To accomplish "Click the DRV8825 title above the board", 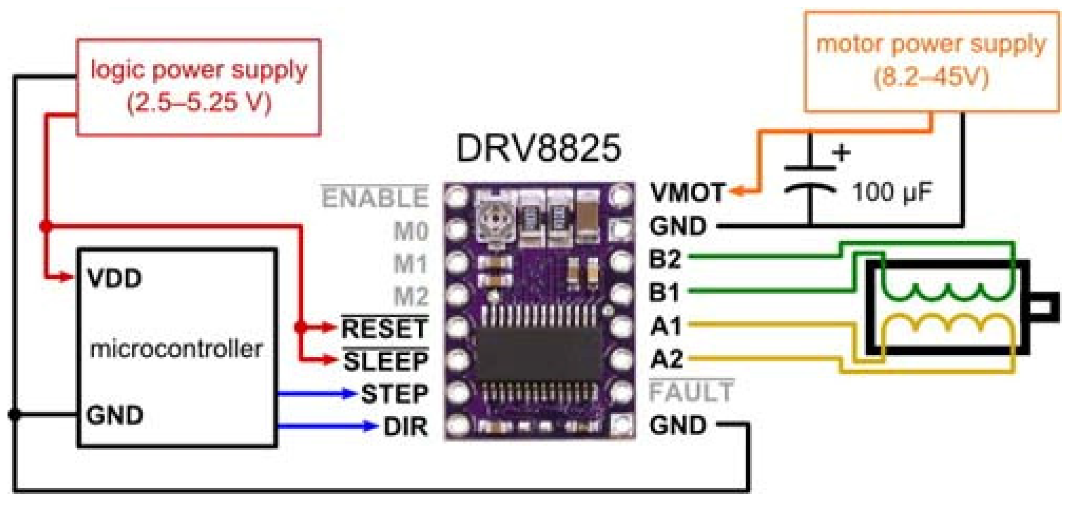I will tap(538, 149).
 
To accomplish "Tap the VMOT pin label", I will tap(687, 192).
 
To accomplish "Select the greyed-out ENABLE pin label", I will tap(375, 198).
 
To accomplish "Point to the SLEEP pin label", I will tap(386, 361).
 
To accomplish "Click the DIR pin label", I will tap(405, 427).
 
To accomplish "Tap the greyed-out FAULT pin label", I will tap(691, 392).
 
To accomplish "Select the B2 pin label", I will tap(665, 259).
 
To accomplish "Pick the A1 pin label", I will tap(666, 326).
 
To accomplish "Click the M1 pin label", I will tap(411, 264).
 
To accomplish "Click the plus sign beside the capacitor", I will tap(841, 153).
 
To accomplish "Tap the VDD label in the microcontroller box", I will tap(114, 278).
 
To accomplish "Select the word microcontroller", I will tap(176, 349).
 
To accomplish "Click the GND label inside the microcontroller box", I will tap(114, 415).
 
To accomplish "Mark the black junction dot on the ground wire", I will tap(15, 414).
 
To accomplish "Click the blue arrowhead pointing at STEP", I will tap(347, 393).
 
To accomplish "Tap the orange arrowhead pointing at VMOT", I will tap(737, 192).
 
